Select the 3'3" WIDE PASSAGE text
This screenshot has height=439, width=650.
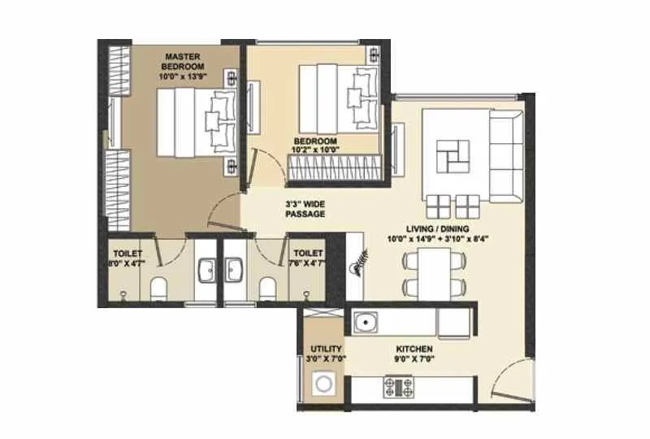[305, 209]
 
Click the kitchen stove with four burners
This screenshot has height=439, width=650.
[398, 385]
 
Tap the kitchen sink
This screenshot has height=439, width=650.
[366, 323]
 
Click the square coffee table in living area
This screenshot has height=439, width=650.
[452, 154]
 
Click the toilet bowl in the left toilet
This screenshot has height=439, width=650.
[158, 288]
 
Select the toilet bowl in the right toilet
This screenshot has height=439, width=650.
[266, 288]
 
